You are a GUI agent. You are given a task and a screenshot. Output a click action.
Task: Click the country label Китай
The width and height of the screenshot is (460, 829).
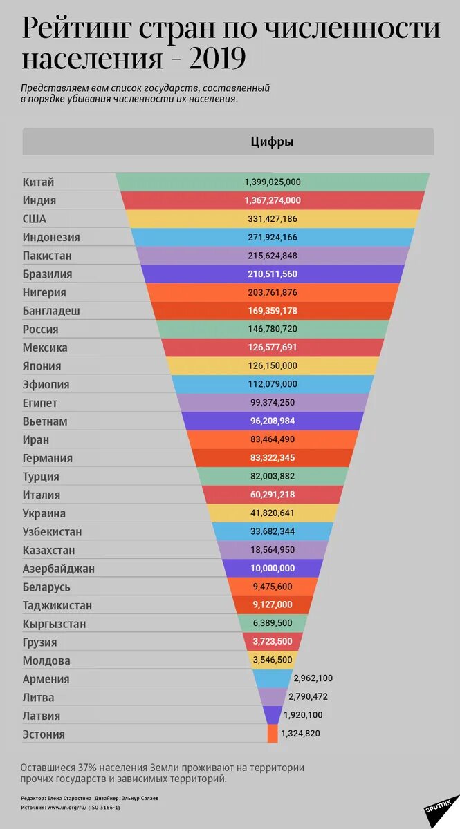pos(38,182)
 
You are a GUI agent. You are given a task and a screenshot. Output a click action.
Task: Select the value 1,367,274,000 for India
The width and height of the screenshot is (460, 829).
pos(273,200)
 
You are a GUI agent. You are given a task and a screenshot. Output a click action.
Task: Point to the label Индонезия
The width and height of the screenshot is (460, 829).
pos(51,238)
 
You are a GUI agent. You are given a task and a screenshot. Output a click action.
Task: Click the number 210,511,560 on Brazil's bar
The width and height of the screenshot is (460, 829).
pos(273,274)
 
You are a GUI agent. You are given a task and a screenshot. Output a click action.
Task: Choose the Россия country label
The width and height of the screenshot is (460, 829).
pos(40,330)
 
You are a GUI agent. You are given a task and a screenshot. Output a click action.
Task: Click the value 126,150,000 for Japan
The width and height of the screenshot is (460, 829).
pos(273,366)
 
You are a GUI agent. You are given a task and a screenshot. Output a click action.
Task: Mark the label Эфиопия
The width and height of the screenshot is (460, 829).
pos(46,385)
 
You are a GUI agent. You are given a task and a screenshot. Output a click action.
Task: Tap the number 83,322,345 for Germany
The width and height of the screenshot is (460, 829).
pos(273,458)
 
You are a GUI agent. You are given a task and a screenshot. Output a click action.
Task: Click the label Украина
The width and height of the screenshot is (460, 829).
pos(44,513)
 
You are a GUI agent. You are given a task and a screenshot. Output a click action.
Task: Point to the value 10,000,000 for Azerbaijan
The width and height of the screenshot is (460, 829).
pos(273,569)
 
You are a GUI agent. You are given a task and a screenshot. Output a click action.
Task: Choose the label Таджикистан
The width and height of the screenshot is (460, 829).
pos(57,606)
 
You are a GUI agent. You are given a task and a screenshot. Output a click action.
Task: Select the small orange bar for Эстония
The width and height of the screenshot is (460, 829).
pos(273,734)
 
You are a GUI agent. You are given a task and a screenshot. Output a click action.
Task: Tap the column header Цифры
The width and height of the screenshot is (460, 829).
pos(272,142)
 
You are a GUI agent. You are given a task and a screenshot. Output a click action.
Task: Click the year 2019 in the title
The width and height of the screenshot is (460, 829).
pos(210,59)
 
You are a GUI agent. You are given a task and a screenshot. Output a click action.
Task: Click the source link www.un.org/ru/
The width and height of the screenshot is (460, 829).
pos(71,807)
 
